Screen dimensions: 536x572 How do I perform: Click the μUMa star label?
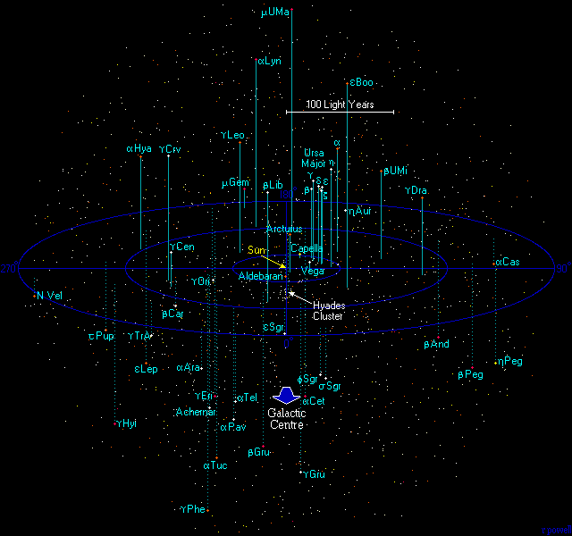(x=275, y=13)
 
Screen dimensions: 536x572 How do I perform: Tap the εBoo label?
(x=361, y=83)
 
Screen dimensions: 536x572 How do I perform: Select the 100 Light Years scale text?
(x=339, y=105)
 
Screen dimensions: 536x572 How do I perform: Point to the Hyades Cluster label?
(x=328, y=310)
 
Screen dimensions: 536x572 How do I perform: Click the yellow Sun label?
(x=257, y=249)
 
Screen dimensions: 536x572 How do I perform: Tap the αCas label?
(x=507, y=262)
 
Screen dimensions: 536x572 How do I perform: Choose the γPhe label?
(x=193, y=509)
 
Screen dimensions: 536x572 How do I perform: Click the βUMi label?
(x=395, y=171)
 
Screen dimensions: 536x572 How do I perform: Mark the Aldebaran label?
(x=261, y=277)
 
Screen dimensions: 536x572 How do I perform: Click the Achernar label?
(x=197, y=412)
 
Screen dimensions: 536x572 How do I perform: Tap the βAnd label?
(x=436, y=344)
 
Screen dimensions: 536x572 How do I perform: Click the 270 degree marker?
(x=9, y=268)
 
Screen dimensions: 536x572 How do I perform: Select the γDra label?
(x=416, y=190)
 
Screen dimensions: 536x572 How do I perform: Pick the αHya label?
(x=139, y=148)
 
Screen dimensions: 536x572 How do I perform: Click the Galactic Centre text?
(x=287, y=418)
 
